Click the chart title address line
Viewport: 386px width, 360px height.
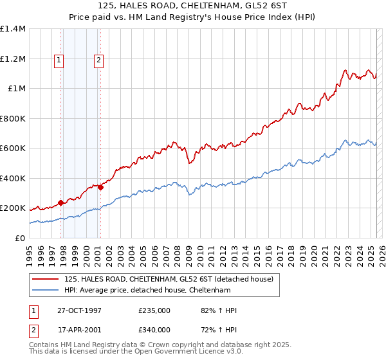(x=193, y=6)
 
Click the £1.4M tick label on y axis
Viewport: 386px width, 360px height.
(x=13, y=29)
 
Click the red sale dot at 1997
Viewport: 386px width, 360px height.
(x=61, y=203)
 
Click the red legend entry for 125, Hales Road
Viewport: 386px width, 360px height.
(x=169, y=279)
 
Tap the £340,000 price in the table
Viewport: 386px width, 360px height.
(x=154, y=330)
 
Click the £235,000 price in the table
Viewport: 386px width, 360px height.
(x=154, y=310)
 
